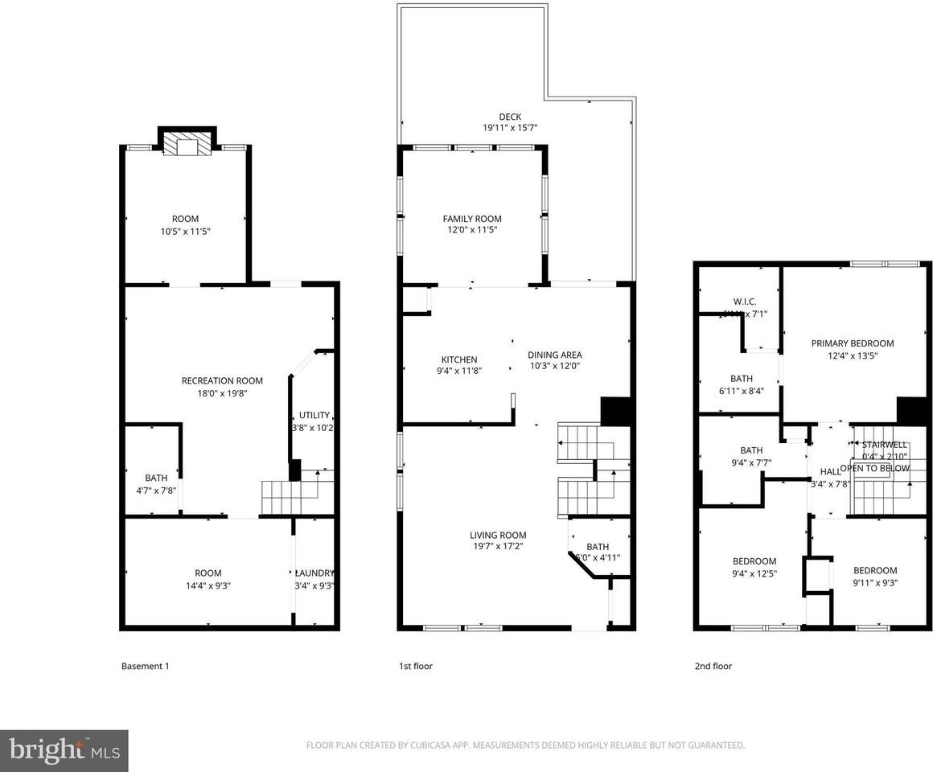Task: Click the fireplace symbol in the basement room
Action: click(x=187, y=146)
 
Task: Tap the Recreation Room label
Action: click(x=222, y=380)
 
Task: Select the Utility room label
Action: click(x=314, y=415)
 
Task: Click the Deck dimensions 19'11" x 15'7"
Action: click(x=510, y=128)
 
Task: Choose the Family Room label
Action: click(x=472, y=219)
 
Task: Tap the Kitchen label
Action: click(x=459, y=359)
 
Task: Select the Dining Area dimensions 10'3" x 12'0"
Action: click(x=554, y=366)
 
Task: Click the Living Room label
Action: click(x=498, y=535)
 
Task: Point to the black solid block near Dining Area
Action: click(x=614, y=410)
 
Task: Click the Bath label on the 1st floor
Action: click(x=598, y=547)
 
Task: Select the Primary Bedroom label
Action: click(x=852, y=343)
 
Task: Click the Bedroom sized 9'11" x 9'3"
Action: click(x=875, y=570)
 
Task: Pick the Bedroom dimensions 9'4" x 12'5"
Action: click(x=754, y=573)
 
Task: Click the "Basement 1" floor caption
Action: click(x=145, y=666)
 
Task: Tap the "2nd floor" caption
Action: click(x=713, y=666)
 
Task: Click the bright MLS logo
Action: click(x=64, y=751)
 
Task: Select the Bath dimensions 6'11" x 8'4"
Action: click(x=741, y=391)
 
